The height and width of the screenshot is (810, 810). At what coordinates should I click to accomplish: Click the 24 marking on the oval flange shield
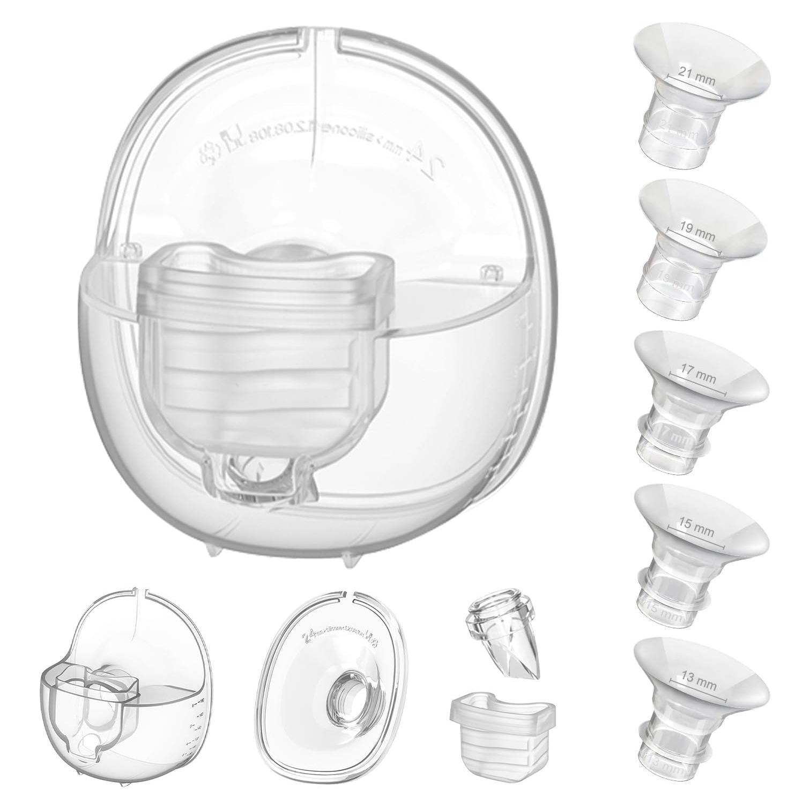[x=308, y=637]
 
